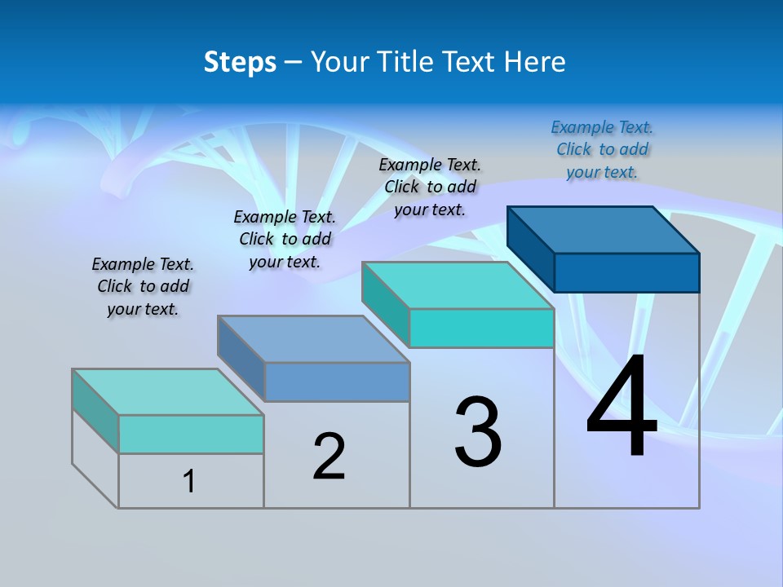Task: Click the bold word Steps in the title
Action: pos(240,62)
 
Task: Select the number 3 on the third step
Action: pos(478,432)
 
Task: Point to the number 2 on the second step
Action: pos(329,457)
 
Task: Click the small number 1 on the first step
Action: pos(188,482)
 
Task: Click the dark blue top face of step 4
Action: pos(604,229)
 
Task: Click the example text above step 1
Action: pos(143,286)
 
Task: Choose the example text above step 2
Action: pos(285,239)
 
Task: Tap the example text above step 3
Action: pos(430,187)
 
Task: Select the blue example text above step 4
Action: pos(602,149)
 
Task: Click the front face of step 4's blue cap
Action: pos(626,272)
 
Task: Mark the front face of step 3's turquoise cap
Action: pos(481,328)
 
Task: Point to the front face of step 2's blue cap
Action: pos(337,382)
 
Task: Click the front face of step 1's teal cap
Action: pos(191,434)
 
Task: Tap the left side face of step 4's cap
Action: pos(530,245)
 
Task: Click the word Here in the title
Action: pos(536,62)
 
